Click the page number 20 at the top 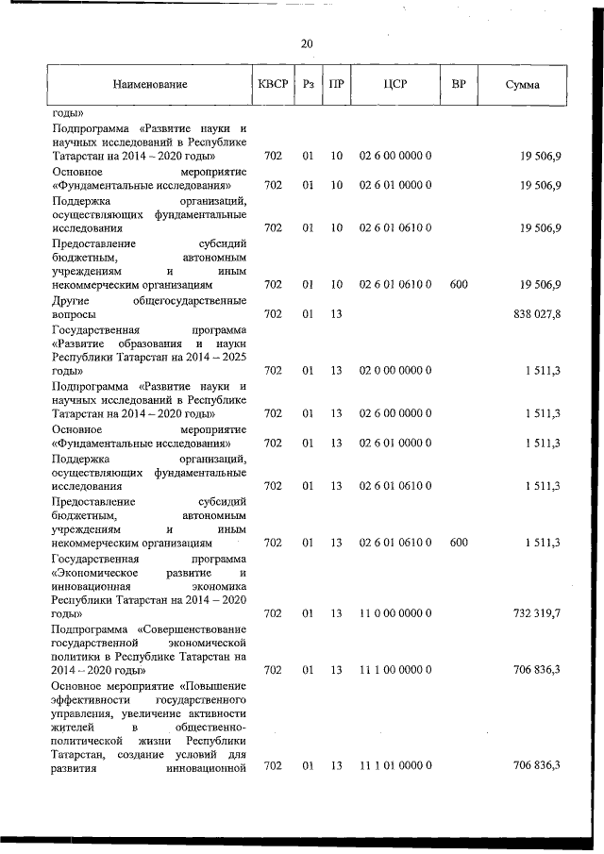click(x=307, y=43)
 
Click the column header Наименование click(x=150, y=85)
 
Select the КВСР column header click(x=273, y=85)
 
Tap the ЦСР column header click(x=395, y=85)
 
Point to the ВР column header click(x=459, y=85)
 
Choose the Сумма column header click(x=522, y=85)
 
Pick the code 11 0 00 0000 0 click(x=395, y=613)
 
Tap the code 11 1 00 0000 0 click(x=395, y=670)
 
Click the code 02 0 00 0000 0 click(x=395, y=372)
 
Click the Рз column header click(x=308, y=85)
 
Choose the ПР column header click(x=335, y=85)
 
